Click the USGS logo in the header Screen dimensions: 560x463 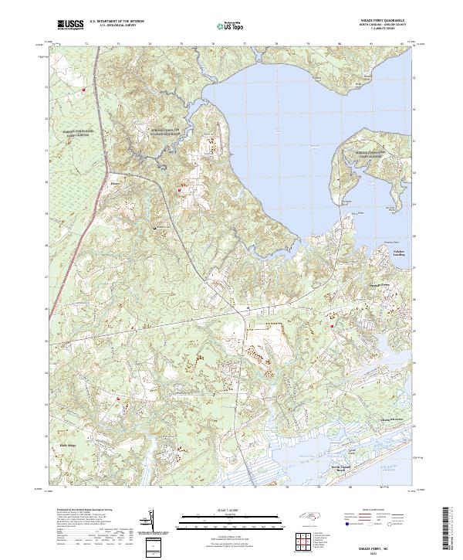pos(71,25)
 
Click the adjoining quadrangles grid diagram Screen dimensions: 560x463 pos(303,541)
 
